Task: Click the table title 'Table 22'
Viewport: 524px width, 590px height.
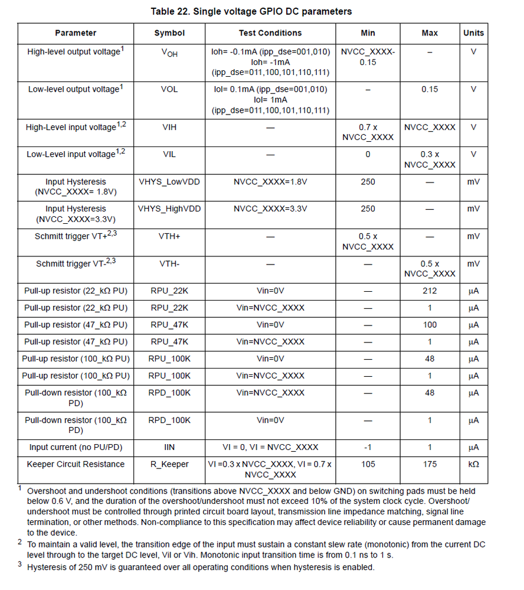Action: click(251, 11)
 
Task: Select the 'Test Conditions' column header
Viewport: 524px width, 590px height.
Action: click(270, 33)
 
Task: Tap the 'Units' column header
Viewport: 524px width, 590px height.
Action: click(473, 33)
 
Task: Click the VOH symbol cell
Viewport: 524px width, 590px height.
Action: click(169, 53)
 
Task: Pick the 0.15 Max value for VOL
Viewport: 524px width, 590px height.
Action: click(430, 89)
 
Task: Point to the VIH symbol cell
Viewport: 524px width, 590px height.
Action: click(169, 127)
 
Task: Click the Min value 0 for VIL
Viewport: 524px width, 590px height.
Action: click(368, 154)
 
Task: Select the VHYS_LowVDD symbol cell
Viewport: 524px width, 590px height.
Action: click(169, 182)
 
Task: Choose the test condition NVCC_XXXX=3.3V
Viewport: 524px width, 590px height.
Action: click(270, 208)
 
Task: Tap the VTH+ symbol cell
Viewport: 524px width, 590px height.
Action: click(169, 236)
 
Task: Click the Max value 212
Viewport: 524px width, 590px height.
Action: click(430, 291)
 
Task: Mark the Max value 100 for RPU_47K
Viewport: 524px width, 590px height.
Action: click(430, 325)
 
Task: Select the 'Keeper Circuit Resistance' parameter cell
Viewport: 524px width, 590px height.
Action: click(76, 464)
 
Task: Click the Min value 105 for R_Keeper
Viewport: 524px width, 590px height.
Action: click(368, 464)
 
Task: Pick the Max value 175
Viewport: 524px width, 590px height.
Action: click(430, 464)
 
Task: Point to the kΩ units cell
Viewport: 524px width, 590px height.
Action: click(473, 464)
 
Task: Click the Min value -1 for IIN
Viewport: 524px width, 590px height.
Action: click(368, 447)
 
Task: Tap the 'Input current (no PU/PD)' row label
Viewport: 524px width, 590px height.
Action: click(76, 447)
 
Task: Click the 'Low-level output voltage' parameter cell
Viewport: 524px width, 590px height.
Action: click(76, 89)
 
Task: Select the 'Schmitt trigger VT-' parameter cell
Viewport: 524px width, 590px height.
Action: click(76, 263)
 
